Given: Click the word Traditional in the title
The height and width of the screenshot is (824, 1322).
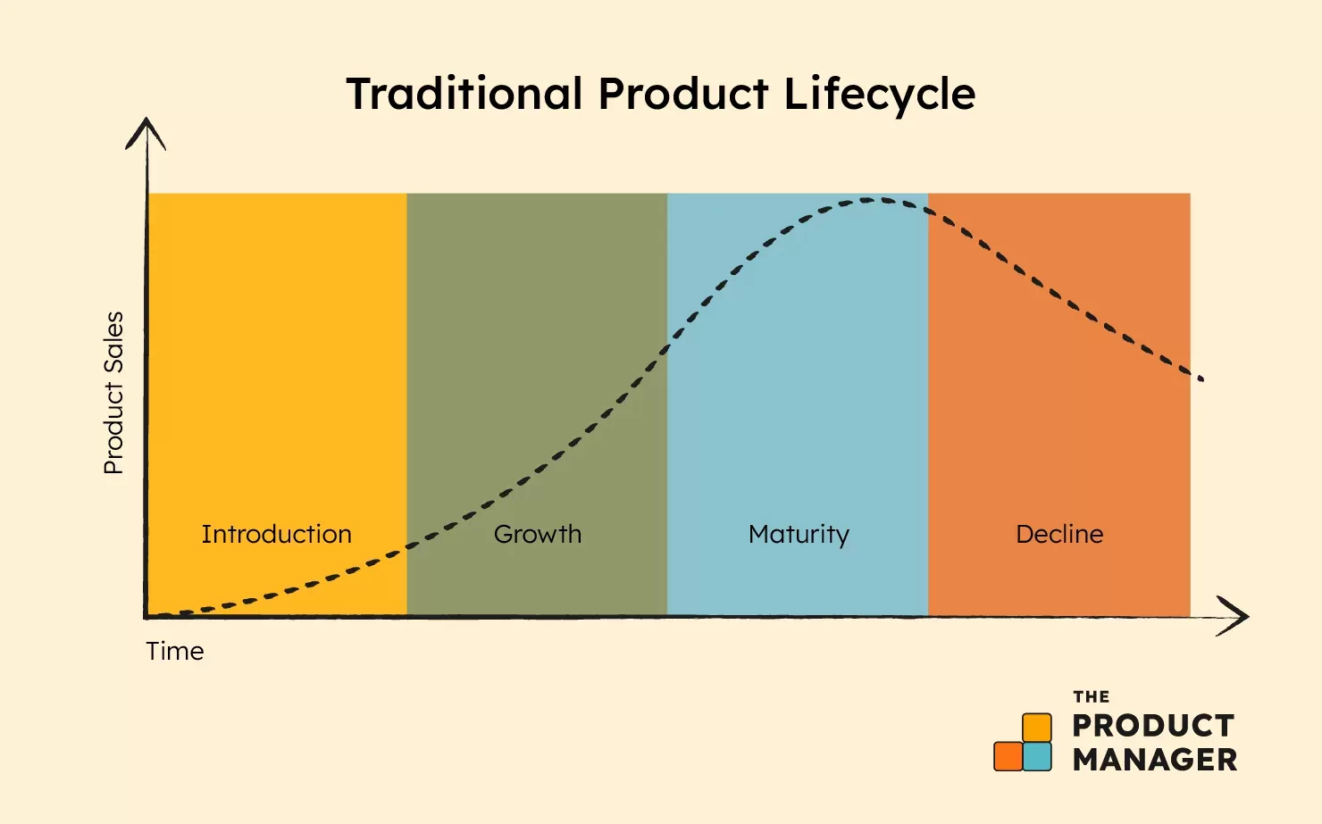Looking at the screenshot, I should [464, 94].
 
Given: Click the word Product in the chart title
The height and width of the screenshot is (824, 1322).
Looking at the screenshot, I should [682, 94].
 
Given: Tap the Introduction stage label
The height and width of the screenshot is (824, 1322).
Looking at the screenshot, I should [276, 534].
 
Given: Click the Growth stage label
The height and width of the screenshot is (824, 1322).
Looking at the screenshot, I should [537, 534].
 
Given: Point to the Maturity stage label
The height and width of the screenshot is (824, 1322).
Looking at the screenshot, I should [799, 535].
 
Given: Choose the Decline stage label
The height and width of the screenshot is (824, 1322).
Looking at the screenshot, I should [1059, 534].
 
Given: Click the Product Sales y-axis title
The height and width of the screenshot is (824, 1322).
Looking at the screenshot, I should [113, 393].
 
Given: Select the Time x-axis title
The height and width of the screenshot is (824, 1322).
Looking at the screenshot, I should [175, 651].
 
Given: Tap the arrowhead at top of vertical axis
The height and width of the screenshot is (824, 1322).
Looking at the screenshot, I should [146, 132].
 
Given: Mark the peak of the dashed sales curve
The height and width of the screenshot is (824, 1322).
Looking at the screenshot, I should [871, 199].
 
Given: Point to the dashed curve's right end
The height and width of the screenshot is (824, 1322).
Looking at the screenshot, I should [1201, 379].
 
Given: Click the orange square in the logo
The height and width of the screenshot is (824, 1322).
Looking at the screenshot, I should [1008, 756].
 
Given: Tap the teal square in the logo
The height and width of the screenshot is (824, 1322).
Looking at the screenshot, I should [1037, 756].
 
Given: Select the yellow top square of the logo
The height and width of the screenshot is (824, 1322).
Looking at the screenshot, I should [1036, 727].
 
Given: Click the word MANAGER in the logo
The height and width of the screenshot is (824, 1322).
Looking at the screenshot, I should [1154, 760].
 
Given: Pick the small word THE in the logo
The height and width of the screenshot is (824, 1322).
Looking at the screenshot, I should [1091, 696].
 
